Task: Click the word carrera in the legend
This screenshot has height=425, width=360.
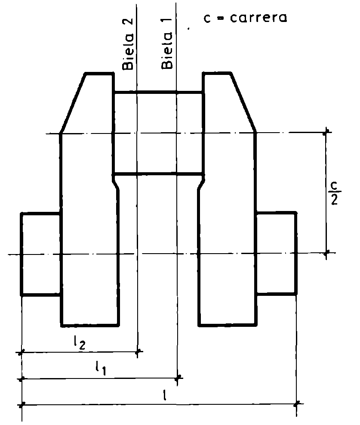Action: (258, 18)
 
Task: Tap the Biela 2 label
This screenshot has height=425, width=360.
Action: (128, 44)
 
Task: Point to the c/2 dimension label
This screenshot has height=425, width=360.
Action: (334, 193)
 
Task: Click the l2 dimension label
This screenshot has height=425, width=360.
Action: (80, 343)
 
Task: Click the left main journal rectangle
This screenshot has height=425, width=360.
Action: (40, 254)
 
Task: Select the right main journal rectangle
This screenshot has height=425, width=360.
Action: (277, 253)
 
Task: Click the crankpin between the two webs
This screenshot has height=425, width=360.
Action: (158, 133)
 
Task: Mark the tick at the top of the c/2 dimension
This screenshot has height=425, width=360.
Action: (327, 132)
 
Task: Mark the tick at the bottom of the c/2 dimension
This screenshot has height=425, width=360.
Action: (326, 253)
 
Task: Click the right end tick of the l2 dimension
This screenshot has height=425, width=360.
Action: (138, 352)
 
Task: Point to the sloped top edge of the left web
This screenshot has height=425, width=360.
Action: (73, 103)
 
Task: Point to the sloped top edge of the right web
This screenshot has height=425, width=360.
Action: (243, 102)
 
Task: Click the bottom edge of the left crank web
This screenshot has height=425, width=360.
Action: (90, 324)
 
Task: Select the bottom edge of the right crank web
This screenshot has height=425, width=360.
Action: (228, 324)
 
